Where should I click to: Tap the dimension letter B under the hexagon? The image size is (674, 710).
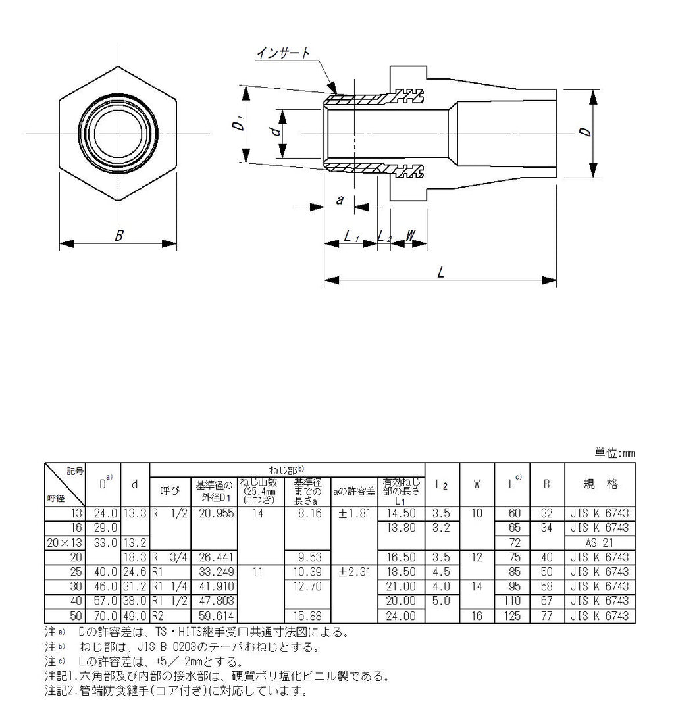(x=119, y=235)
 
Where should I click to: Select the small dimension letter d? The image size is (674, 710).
(x=277, y=132)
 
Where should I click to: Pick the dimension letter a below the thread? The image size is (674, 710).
(x=340, y=200)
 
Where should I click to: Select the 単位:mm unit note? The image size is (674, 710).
(x=615, y=453)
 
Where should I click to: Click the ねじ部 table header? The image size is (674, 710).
(x=286, y=469)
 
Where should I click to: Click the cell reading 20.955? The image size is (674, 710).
(x=213, y=513)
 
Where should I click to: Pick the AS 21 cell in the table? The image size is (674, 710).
(x=599, y=542)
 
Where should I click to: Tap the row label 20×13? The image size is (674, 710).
(x=65, y=542)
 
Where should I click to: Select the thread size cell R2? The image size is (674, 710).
(x=157, y=616)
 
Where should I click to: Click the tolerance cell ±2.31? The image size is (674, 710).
(x=354, y=572)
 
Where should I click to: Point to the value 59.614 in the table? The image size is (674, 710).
(x=213, y=616)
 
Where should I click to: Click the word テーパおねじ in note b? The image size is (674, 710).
(x=272, y=647)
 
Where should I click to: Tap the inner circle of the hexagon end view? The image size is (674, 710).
(x=118, y=134)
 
